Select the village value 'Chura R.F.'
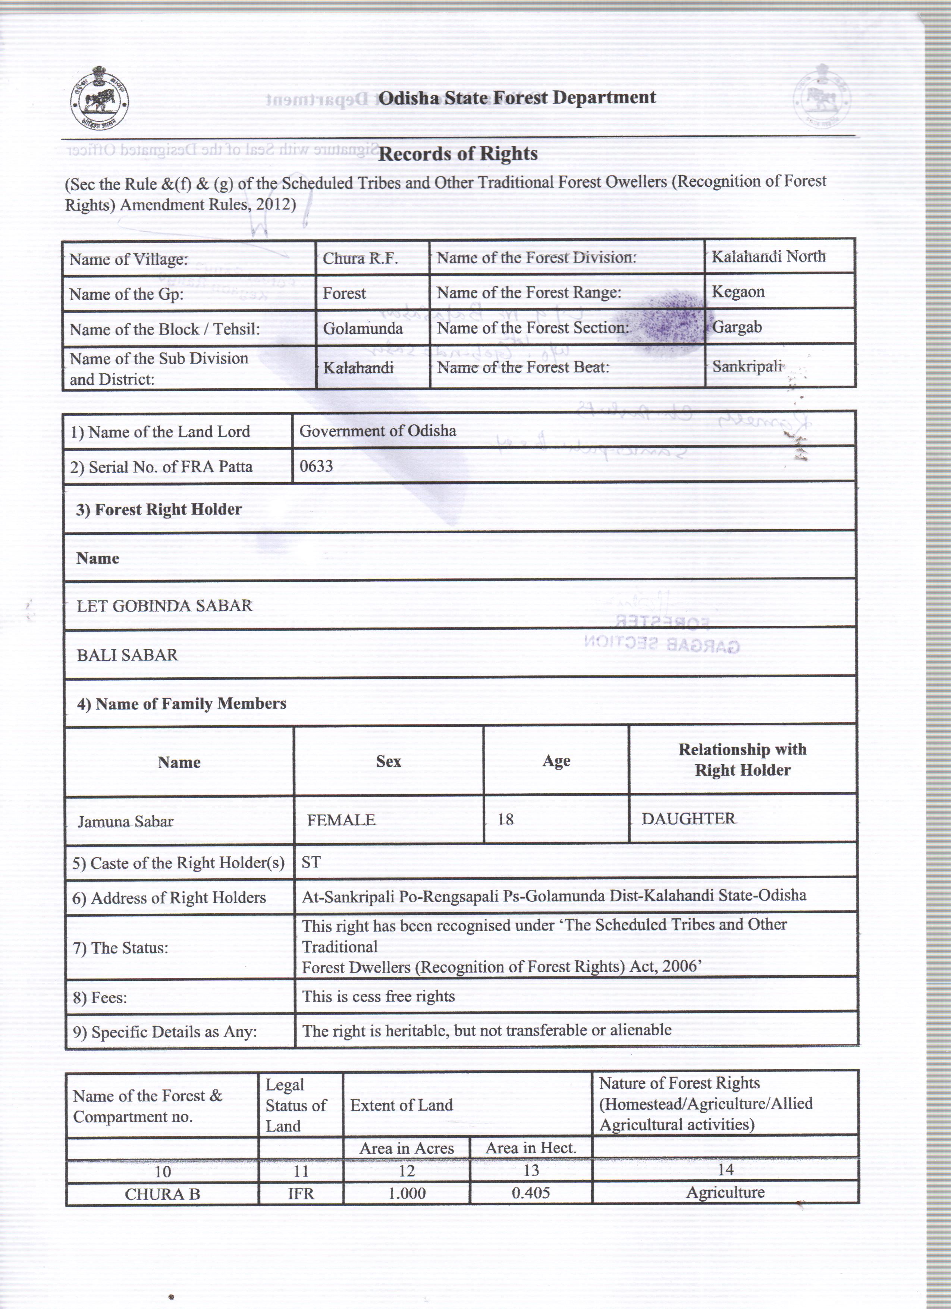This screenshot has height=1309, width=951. (360, 258)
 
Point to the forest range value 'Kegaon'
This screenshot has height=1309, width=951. (738, 292)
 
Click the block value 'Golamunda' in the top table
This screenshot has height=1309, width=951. (363, 329)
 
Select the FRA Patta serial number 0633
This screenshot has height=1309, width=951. (316, 466)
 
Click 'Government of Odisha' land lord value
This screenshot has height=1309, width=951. (378, 431)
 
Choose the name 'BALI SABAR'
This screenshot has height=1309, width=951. (128, 655)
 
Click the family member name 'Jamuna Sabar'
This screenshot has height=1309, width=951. (126, 821)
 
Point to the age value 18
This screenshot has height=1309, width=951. (505, 820)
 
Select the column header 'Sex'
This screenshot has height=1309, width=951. (388, 761)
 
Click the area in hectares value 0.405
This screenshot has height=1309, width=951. (531, 1192)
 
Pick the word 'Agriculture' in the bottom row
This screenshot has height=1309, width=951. (725, 1192)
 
